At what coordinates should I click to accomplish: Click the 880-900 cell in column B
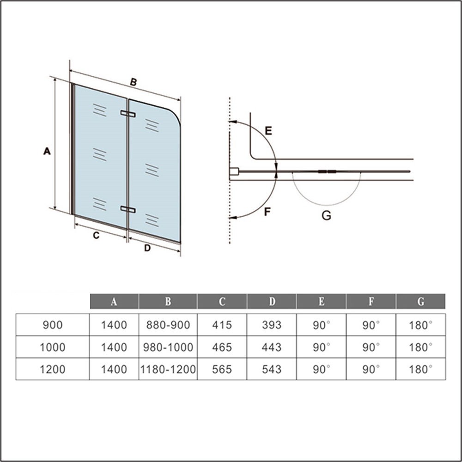coord(168,325)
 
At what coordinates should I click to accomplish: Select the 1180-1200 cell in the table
coord(168,369)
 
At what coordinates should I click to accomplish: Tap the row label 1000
coord(53,347)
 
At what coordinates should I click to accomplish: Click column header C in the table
coord(222,301)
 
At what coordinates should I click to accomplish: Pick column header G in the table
coord(421,301)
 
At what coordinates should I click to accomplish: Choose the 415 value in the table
coord(222,325)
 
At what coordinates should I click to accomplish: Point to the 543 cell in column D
coord(272,369)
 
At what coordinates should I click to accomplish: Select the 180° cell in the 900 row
coord(421,325)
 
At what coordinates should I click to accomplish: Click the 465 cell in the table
coord(222,347)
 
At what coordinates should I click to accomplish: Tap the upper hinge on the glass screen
coord(128,114)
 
